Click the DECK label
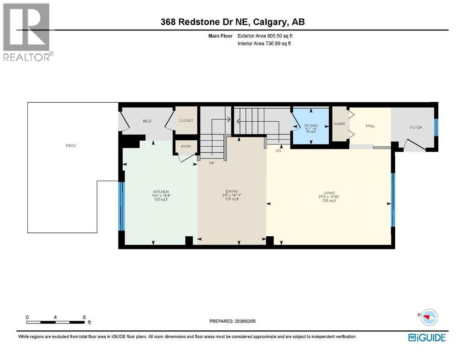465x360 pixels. [71, 146]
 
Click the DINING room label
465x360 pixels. [231, 191]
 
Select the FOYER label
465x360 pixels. [416, 127]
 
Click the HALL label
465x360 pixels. [370, 126]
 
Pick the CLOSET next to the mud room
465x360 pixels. [186, 120]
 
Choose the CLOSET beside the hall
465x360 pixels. [339, 124]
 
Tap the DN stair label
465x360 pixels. [277, 150]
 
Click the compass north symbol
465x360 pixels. [428, 317]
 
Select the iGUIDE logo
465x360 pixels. [427, 337]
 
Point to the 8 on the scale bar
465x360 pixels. [84, 317]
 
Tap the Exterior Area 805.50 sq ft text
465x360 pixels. [265, 36]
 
